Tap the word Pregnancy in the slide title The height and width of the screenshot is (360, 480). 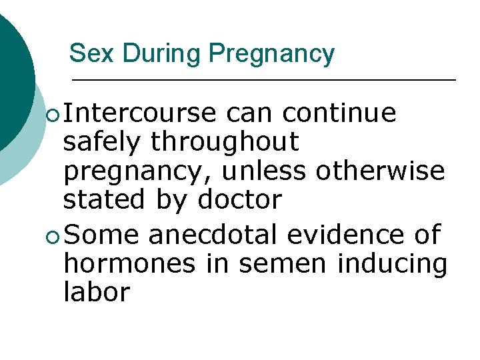point(271,53)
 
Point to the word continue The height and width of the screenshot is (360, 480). point(339,113)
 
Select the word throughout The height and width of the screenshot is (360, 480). point(225,143)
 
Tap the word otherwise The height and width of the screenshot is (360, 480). point(380,171)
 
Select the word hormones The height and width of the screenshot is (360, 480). point(129,264)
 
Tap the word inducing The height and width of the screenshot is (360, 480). point(392,265)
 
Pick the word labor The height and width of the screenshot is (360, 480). point(96,292)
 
